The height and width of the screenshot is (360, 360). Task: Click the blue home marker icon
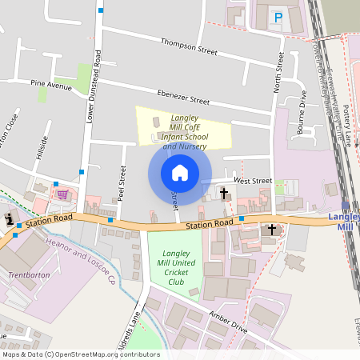point(179,173)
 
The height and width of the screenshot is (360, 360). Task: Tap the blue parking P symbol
point(278,17)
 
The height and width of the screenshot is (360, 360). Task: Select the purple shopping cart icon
point(62,194)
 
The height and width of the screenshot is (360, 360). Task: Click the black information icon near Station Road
point(9,219)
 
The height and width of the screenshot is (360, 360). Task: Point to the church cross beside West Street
point(224,194)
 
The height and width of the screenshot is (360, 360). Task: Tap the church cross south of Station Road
point(271,230)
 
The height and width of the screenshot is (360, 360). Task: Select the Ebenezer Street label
point(183,96)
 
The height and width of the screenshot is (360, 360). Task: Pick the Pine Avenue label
point(51,82)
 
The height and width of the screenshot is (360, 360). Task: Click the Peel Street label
point(122,183)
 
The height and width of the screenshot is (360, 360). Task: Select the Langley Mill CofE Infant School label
point(185,132)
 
